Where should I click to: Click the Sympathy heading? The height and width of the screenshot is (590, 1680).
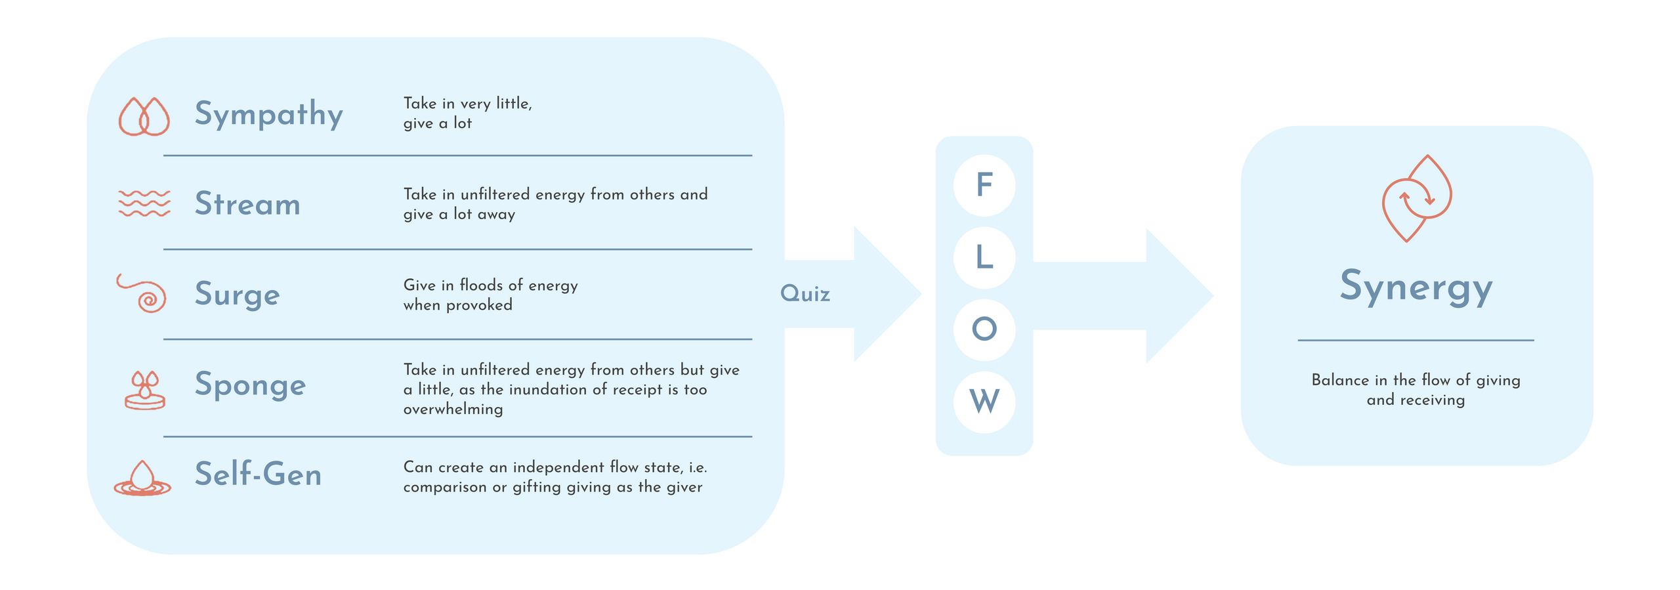pyautogui.click(x=268, y=114)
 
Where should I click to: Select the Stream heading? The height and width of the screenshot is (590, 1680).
pyautogui.click(x=247, y=204)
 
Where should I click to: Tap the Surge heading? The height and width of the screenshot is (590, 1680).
pyautogui.click(x=237, y=294)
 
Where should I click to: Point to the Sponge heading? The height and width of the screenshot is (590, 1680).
pyautogui.click(x=250, y=385)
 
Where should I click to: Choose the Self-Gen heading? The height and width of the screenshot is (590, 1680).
pyautogui.click(x=258, y=474)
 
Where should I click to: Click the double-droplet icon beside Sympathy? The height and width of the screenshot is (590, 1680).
pyautogui.click(x=144, y=117)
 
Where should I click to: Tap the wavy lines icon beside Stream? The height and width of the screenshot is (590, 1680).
pyautogui.click(x=144, y=203)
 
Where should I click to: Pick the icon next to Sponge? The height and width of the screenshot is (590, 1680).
pyautogui.click(x=144, y=390)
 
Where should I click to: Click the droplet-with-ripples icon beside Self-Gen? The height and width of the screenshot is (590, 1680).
pyautogui.click(x=142, y=478)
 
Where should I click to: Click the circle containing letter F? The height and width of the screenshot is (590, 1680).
pyautogui.click(x=984, y=185)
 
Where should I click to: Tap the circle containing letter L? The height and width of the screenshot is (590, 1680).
pyautogui.click(x=984, y=257)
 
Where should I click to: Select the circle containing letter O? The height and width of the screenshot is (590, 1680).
pyautogui.click(x=984, y=329)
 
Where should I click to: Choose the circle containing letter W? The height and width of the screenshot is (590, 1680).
pyautogui.click(x=984, y=401)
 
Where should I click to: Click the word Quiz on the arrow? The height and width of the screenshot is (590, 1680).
pyautogui.click(x=805, y=294)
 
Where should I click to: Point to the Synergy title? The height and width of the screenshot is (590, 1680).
pyautogui.click(x=1416, y=287)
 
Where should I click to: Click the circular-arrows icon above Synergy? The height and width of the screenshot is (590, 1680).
pyautogui.click(x=1417, y=198)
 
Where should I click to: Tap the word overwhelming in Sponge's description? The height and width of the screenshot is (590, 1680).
pyautogui.click(x=453, y=410)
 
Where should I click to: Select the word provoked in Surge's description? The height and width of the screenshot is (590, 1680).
pyautogui.click(x=479, y=305)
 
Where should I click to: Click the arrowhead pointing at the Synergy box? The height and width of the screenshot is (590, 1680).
pyautogui.click(x=1178, y=295)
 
